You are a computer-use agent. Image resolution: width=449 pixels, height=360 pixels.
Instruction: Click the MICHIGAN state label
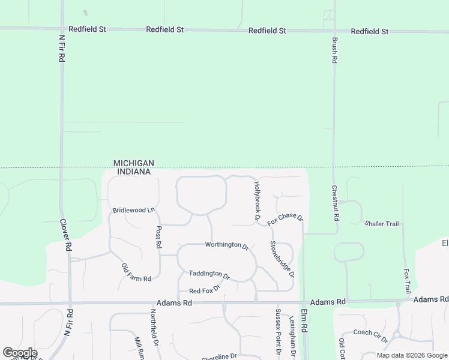[134, 163]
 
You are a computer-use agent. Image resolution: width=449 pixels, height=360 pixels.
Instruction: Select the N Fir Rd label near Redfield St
[61, 49]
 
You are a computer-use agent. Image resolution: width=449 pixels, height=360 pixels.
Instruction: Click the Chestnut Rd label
[336, 202]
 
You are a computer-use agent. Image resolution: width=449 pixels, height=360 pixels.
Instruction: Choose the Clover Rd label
[65, 234]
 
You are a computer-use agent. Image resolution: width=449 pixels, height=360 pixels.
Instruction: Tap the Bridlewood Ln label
[133, 210]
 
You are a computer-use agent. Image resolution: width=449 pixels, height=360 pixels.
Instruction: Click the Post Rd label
[159, 238]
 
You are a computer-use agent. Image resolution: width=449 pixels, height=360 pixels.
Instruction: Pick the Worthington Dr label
[226, 245]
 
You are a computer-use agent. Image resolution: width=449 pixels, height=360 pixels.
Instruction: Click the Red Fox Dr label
[205, 290]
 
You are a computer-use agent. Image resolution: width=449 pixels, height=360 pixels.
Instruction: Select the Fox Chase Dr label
[285, 219]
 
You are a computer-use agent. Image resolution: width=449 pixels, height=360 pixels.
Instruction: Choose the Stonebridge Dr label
[282, 259]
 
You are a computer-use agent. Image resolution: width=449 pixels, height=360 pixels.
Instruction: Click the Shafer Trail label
[382, 224]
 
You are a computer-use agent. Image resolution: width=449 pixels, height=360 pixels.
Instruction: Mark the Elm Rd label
[304, 322]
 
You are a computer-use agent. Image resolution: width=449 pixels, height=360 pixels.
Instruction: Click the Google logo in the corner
[19, 353]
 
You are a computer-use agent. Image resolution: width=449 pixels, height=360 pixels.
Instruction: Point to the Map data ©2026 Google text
[412, 355]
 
